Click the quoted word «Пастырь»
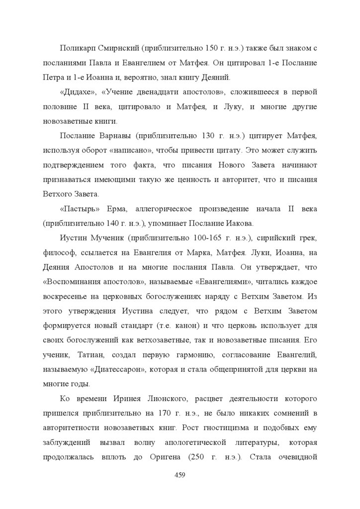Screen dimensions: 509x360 coord(76,208)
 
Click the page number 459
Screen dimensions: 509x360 coord(180,476)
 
